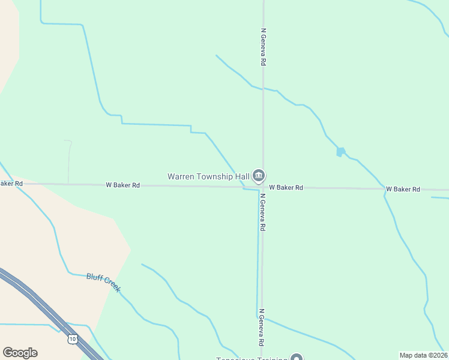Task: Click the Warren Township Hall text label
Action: pos(208,176)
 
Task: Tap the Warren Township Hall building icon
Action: pos(259,175)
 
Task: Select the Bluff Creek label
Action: pos(103,283)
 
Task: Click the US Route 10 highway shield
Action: pos(73,339)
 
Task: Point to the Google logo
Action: pos(20,353)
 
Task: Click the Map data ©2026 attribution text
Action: pos(423,355)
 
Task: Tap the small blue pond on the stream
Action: pos(341,152)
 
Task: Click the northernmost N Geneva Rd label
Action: pos(263,46)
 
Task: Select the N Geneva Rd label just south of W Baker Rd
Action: pos(262,212)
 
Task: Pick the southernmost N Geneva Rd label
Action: pos(261,328)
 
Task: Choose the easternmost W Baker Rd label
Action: pos(403,189)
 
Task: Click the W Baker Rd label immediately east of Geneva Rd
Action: pos(286,188)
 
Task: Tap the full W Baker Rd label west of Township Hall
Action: pos(122,185)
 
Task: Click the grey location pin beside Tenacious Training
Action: pos(296,358)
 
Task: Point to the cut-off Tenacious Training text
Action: pos(252,358)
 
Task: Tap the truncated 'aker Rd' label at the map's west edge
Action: pos(11,184)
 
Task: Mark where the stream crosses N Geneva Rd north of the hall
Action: pos(263,89)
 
